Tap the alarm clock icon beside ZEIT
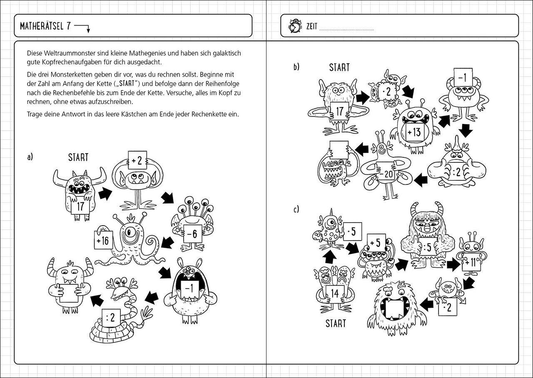tap(295, 26)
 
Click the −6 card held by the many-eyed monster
tap(192, 234)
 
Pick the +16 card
tap(102, 240)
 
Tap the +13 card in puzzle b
tap(414, 132)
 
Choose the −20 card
tap(386, 174)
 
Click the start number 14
tap(334, 293)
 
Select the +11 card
tap(470, 262)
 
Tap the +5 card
tap(376, 242)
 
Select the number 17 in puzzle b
tap(339, 112)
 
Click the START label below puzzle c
tap(335, 323)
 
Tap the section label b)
tap(296, 67)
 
